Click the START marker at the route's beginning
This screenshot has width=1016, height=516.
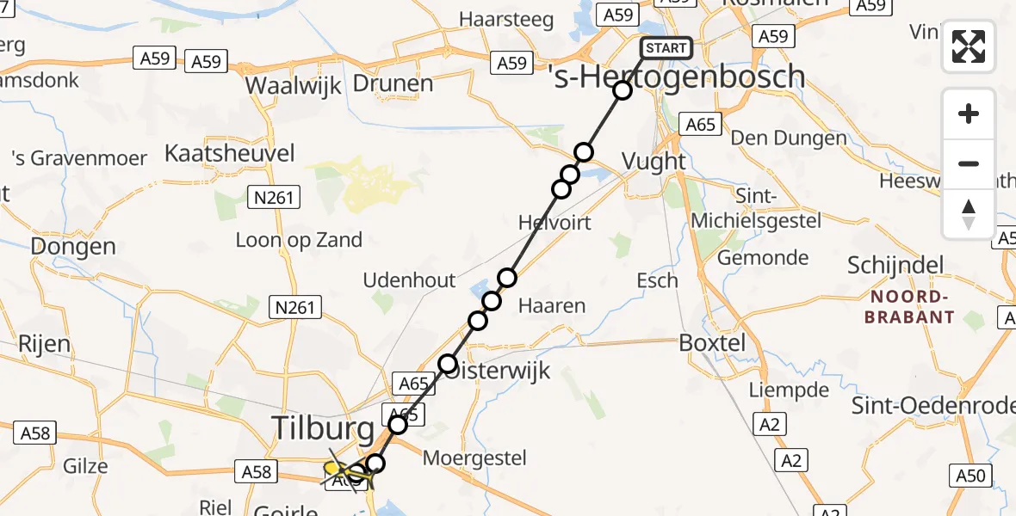click(x=666, y=48)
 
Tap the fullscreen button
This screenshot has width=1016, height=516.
click(x=969, y=46)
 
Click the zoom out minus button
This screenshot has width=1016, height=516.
click(x=969, y=163)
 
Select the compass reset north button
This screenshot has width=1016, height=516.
click(x=969, y=213)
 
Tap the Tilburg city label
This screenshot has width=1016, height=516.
click(x=324, y=428)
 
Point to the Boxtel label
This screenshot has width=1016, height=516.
click(x=711, y=343)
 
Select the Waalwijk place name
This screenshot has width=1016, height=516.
click(x=294, y=85)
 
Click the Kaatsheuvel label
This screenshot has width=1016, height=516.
click(x=229, y=154)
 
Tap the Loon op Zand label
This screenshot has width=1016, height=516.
click(x=299, y=240)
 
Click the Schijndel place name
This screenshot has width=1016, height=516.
click(x=895, y=265)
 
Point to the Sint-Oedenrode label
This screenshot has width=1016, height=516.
click(x=933, y=406)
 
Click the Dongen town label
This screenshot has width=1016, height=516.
click(x=73, y=247)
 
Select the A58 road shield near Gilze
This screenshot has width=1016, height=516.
click(x=35, y=433)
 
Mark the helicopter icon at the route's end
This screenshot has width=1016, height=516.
click(x=342, y=470)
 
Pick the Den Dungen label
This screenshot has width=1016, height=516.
click(x=789, y=138)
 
